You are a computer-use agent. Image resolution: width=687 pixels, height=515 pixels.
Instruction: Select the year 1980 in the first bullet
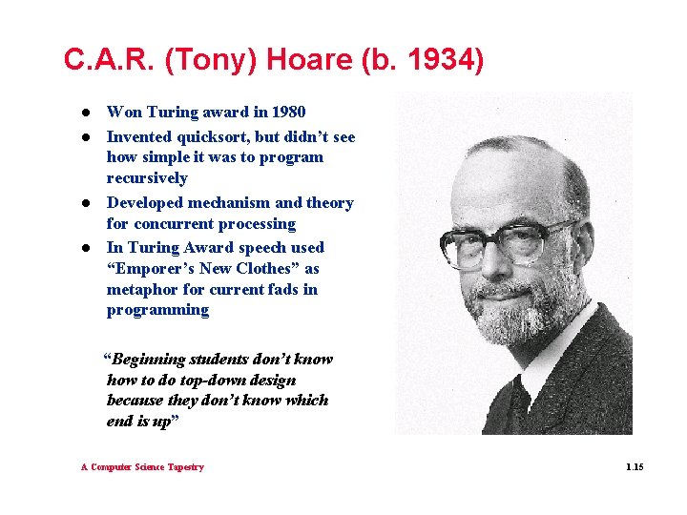tap(287, 113)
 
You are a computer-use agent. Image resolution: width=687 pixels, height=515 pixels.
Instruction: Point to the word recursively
tap(147, 178)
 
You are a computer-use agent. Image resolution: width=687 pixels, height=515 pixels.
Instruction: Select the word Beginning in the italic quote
tap(149, 360)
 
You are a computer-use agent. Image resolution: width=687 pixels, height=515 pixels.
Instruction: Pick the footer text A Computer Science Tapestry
tap(142, 467)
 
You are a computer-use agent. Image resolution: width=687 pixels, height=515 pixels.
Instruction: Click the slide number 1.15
tap(635, 467)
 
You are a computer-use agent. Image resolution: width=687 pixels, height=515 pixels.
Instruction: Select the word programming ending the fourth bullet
tap(157, 310)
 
